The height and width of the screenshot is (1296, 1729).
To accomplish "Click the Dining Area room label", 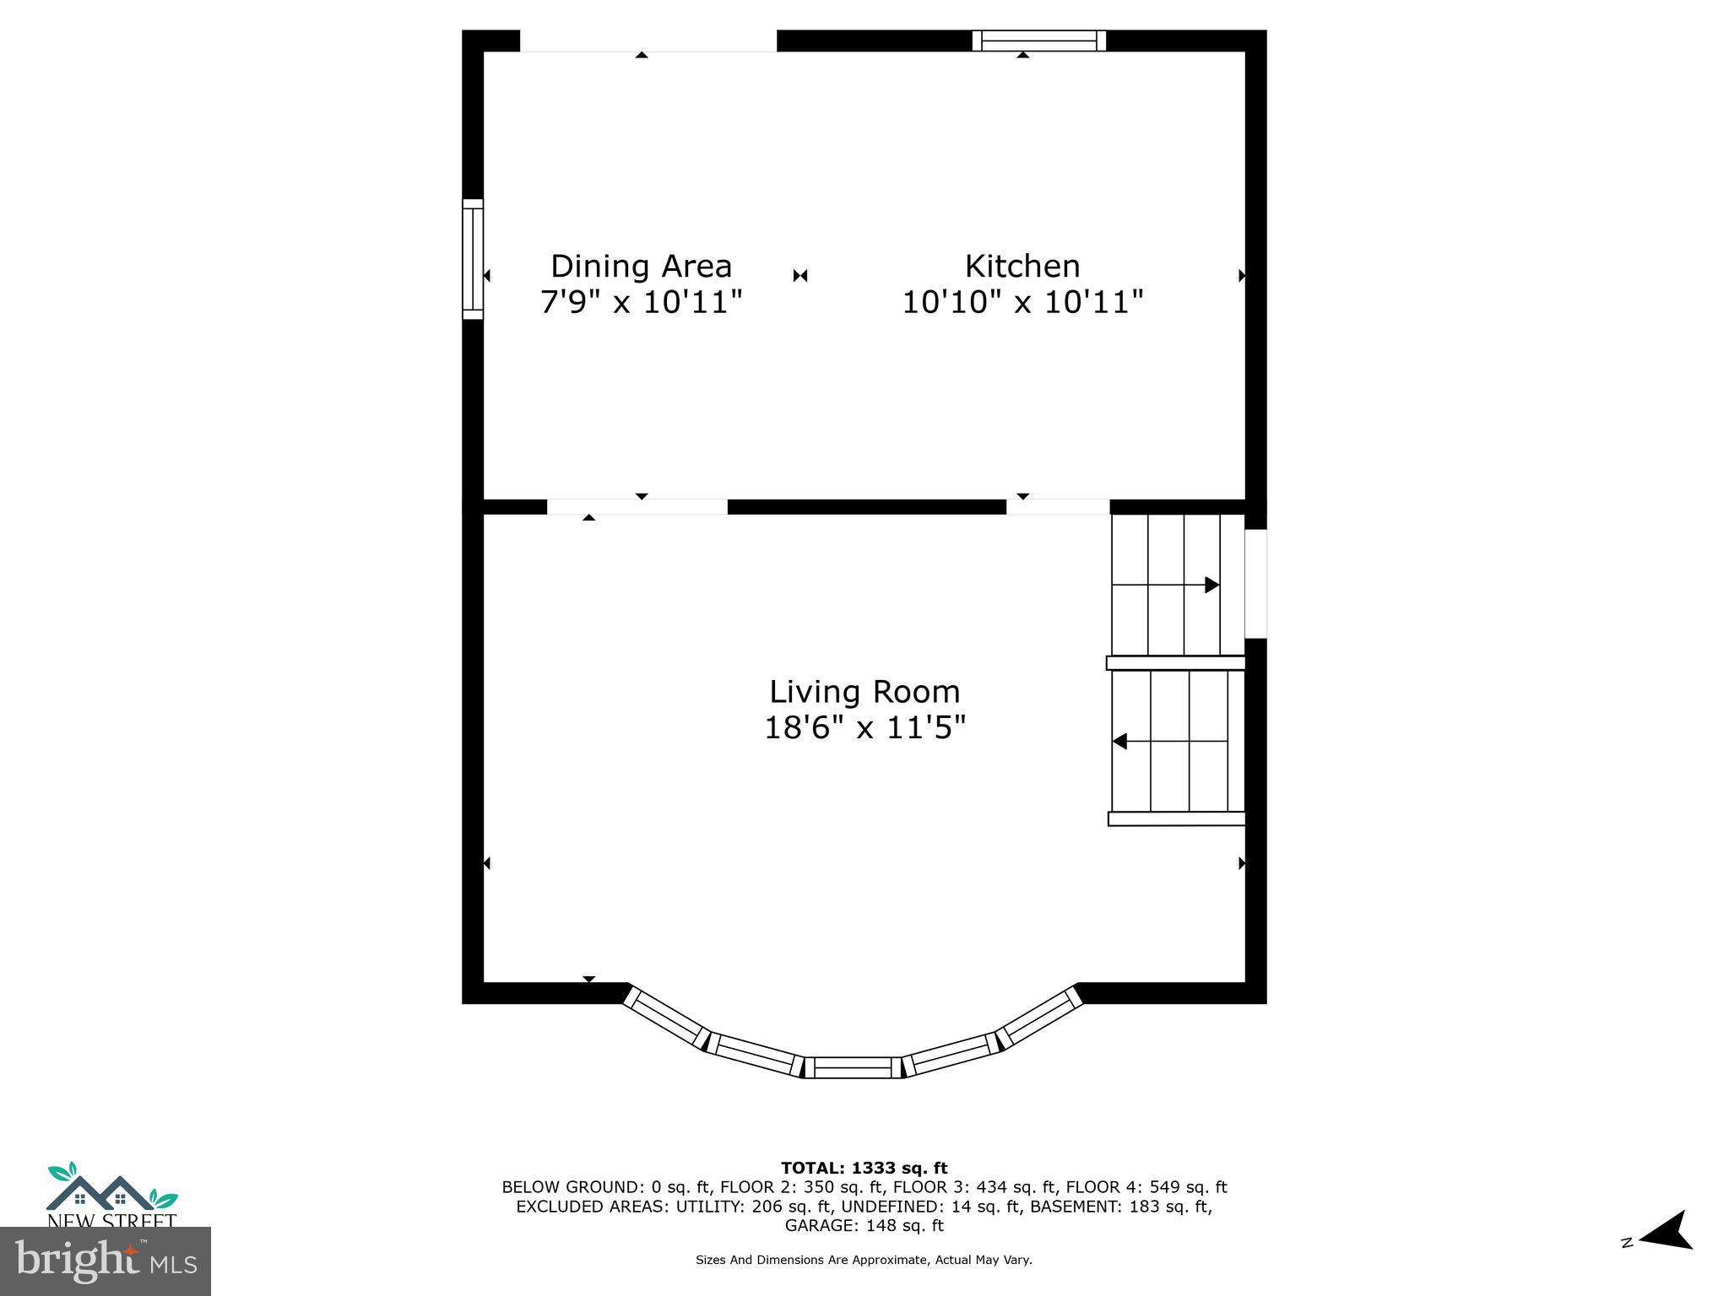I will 641,267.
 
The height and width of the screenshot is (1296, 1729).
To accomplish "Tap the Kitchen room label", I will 1022,267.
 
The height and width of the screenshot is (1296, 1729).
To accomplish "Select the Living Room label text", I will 864,692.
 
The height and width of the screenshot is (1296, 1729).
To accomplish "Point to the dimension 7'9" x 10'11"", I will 641,302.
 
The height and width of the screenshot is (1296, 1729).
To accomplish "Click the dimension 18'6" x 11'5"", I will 864,727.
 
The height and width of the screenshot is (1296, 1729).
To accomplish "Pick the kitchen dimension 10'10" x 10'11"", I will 1022,302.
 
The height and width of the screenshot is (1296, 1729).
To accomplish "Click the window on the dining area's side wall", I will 473,259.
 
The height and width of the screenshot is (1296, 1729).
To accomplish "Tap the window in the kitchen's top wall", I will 1038,40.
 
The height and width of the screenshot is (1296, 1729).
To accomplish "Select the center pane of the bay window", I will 853,1067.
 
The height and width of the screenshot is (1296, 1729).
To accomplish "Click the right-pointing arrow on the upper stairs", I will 1211,585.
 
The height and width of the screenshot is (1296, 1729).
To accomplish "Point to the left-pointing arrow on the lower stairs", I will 1120,742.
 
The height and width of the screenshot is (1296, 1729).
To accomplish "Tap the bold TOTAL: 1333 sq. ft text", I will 864,1169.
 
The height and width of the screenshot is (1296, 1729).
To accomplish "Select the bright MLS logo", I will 105,1261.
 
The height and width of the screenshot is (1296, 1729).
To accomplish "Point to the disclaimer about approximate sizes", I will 864,1260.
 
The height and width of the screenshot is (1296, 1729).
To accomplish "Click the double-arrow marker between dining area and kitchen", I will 800,276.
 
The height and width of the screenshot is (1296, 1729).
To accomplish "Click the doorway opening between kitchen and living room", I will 1057,507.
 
